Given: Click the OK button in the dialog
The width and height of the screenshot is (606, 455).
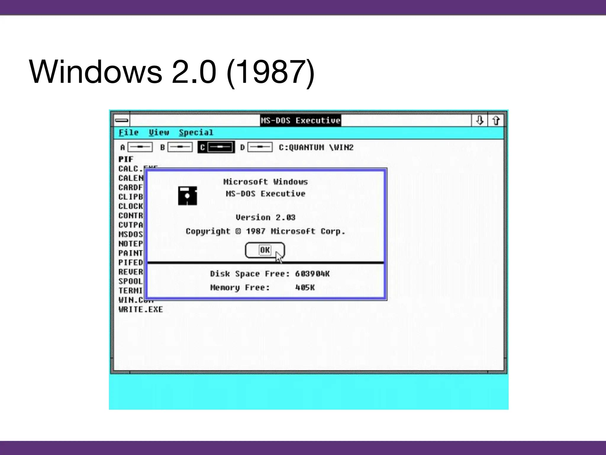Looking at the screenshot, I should pyautogui.click(x=265, y=250).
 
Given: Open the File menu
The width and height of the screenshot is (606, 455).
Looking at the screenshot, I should pyautogui.click(x=128, y=132).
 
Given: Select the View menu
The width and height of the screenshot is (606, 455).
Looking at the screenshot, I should pyautogui.click(x=159, y=132).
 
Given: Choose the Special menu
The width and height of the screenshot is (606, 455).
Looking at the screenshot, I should pyautogui.click(x=196, y=132).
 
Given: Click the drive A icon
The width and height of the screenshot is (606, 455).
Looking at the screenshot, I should pyautogui.click(x=140, y=147).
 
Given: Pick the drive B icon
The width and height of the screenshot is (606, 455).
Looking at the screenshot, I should pyautogui.click(x=180, y=147).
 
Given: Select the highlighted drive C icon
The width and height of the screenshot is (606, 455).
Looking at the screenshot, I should pyautogui.click(x=220, y=147).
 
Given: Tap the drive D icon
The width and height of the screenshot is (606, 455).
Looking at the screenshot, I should pyautogui.click(x=260, y=147).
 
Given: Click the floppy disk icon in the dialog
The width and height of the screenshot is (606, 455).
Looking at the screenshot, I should pyautogui.click(x=187, y=196).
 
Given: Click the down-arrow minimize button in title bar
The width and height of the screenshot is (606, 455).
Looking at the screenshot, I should pyautogui.click(x=480, y=121).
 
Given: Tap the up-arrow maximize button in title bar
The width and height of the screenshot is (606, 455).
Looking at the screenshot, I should pyautogui.click(x=496, y=121).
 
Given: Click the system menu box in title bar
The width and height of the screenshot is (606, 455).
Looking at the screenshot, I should pyautogui.click(x=122, y=120).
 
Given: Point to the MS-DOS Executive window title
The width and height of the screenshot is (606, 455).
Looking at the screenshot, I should pyautogui.click(x=300, y=121).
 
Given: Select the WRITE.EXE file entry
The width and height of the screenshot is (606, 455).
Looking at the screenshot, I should pyautogui.click(x=141, y=310).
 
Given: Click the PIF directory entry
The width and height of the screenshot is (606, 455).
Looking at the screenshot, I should pyautogui.click(x=126, y=159).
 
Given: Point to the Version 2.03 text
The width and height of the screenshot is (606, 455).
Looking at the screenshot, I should pyautogui.click(x=265, y=217).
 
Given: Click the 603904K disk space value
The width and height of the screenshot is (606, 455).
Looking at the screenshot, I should pyautogui.click(x=312, y=274).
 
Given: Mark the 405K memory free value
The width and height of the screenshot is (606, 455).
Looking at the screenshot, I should pyautogui.click(x=305, y=288).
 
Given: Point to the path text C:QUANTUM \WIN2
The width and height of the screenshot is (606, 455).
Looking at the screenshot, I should pyautogui.click(x=316, y=148).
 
